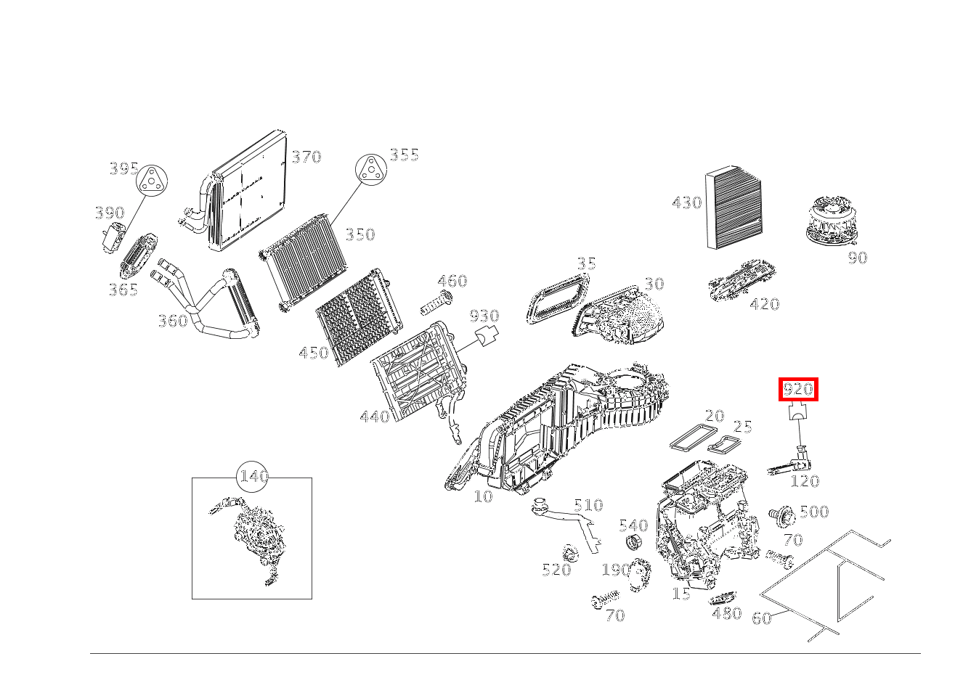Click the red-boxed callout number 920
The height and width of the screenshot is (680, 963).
pyautogui.click(x=798, y=390)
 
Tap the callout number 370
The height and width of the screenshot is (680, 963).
pyautogui.click(x=306, y=157)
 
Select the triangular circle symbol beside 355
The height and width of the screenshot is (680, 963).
pyautogui.click(x=370, y=171)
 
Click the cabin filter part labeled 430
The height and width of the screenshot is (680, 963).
pyautogui.click(x=734, y=208)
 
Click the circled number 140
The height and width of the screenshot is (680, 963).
pyautogui.click(x=253, y=477)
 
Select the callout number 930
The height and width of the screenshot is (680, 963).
pyautogui.click(x=484, y=316)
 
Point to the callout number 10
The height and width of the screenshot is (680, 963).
pyautogui.click(x=483, y=496)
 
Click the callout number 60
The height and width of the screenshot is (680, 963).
pyautogui.click(x=760, y=618)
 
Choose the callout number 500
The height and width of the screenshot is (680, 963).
pyautogui.click(x=813, y=512)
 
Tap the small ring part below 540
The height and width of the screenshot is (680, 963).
pyautogui.click(x=633, y=542)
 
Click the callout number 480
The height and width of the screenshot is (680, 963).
pyautogui.click(x=727, y=613)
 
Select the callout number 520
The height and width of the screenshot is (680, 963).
pyautogui.click(x=556, y=570)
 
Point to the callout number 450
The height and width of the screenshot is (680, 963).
pyautogui.click(x=314, y=353)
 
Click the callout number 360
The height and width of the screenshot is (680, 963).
pyautogui.click(x=173, y=320)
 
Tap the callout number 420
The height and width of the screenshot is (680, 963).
pyautogui.click(x=764, y=304)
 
